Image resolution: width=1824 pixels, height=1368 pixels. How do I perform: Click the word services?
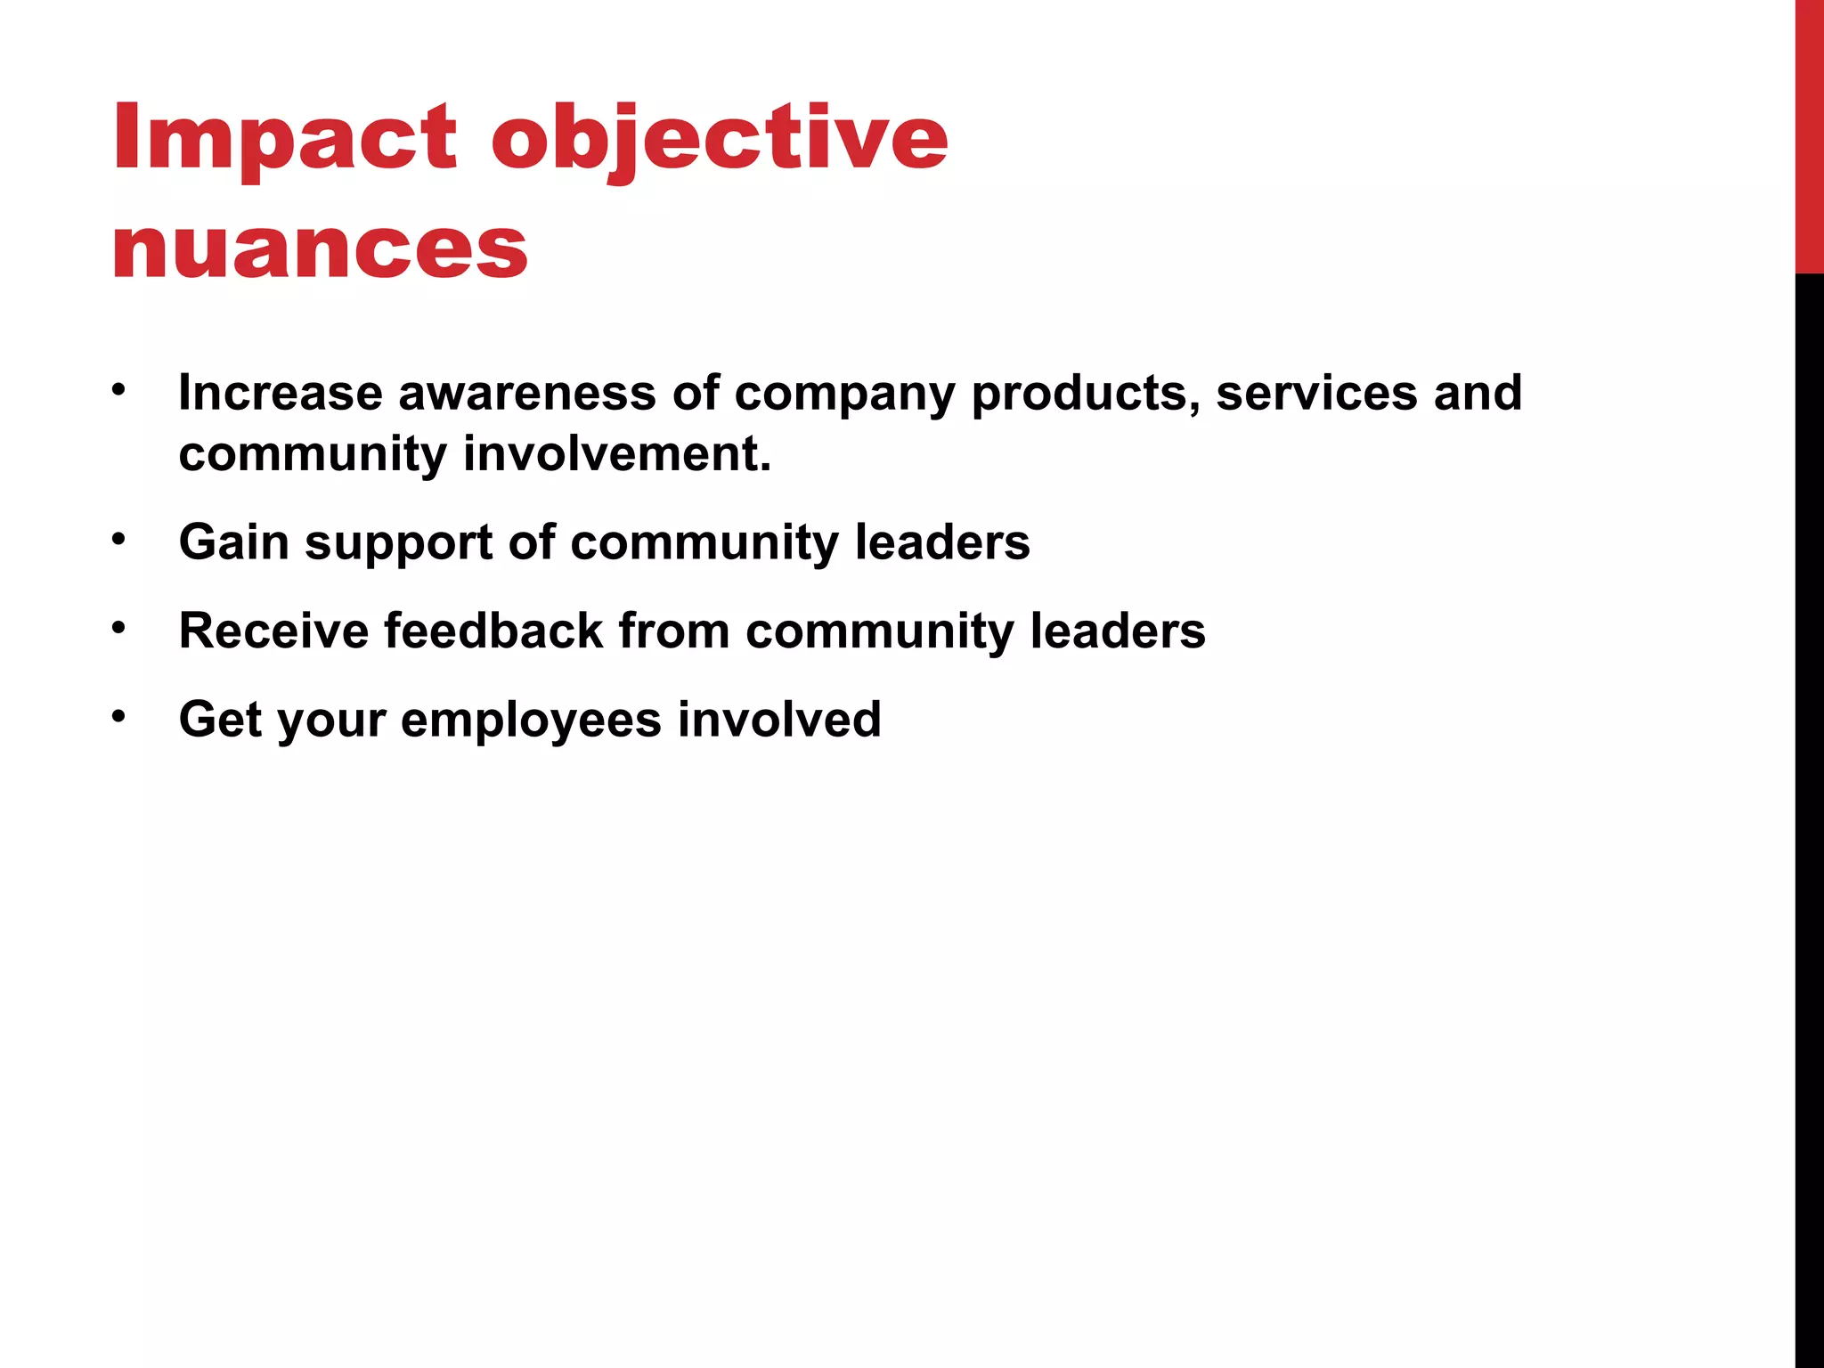pos(1316,393)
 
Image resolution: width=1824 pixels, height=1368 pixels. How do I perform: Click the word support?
pos(398,543)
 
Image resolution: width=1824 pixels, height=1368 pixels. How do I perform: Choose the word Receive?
pos(273,631)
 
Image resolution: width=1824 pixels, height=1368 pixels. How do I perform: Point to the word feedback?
pos(493,631)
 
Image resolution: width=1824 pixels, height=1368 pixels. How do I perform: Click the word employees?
pos(531,721)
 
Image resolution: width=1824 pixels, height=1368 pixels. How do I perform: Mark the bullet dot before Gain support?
pos(119,539)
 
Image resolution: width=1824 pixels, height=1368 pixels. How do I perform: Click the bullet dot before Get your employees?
pos(119,716)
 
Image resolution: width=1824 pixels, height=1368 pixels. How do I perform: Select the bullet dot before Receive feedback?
pos(119,628)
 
